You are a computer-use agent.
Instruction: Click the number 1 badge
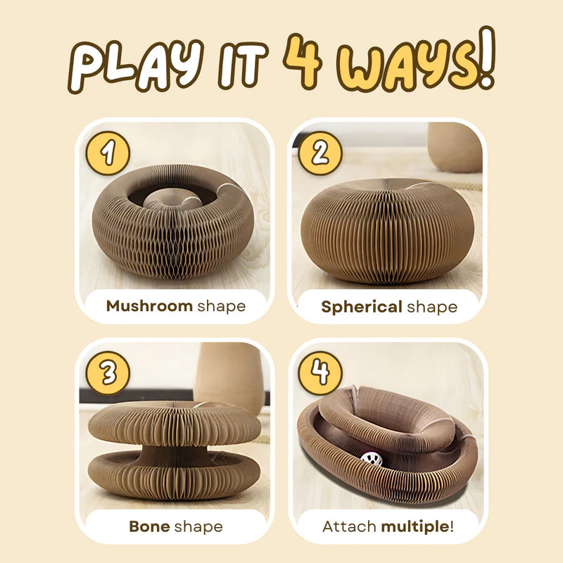click(107, 152)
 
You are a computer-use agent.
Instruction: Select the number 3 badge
click(107, 372)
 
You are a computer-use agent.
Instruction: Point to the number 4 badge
click(320, 372)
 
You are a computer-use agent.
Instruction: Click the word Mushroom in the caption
click(149, 306)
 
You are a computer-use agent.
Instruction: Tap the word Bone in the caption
click(151, 526)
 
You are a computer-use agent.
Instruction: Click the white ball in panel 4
click(371, 459)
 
